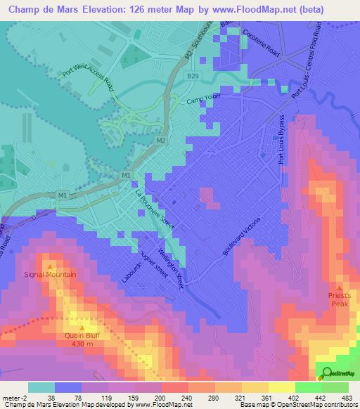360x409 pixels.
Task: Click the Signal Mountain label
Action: point(50,274)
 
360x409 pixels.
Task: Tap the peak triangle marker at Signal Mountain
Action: point(50,266)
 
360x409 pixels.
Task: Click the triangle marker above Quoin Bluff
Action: point(82,327)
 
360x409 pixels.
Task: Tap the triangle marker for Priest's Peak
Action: point(340,288)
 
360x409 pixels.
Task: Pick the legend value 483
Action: point(347,398)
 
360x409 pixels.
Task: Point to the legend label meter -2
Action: point(15,398)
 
